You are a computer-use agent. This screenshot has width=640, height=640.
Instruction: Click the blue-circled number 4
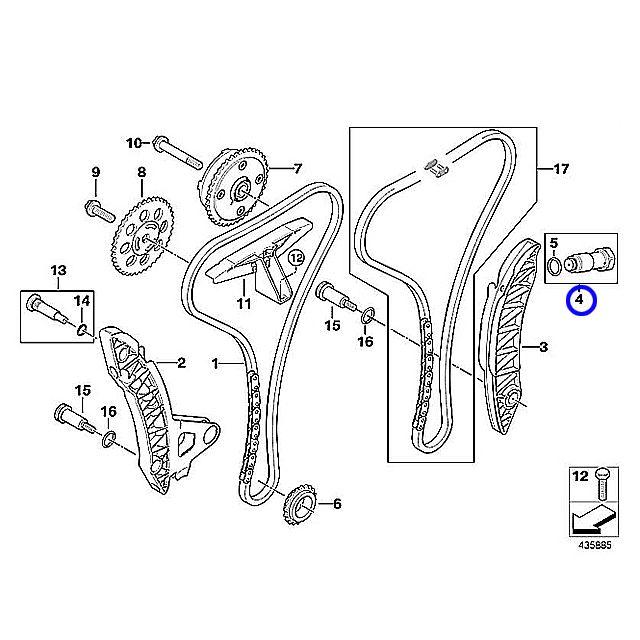[579, 298]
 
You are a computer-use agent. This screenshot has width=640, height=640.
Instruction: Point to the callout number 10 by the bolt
[134, 142]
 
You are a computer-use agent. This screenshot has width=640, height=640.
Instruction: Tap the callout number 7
[297, 167]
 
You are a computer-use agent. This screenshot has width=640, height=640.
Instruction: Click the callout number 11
[243, 303]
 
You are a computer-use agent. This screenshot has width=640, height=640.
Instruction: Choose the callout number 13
[57, 270]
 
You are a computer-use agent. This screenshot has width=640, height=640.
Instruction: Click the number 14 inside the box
[82, 301]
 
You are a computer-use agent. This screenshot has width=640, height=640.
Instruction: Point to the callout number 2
[182, 362]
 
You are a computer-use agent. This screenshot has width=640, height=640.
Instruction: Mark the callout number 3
[543, 348]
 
